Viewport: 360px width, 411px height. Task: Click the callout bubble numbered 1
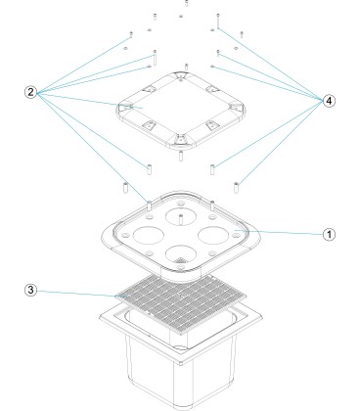pos(329,235)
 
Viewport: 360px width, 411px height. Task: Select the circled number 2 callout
pos(30,92)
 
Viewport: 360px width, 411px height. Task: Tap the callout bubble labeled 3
pos(30,290)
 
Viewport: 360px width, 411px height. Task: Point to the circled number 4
pos(329,101)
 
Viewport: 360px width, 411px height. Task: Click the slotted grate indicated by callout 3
pos(180,297)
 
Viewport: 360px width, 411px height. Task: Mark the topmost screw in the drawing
pos(187,3)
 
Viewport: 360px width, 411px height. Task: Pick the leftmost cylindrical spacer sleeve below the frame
pos(125,188)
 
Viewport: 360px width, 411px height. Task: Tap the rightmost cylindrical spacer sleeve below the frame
pos(236,188)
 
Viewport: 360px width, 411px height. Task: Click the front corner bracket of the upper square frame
pos(180,141)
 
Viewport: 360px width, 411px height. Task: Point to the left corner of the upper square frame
pos(123,110)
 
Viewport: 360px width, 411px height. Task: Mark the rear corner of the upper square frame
pos(181,75)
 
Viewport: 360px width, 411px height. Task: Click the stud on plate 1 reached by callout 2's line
pos(149,205)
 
